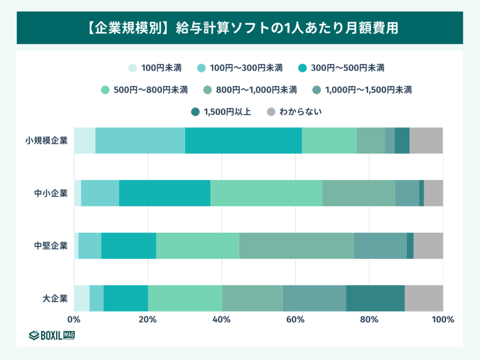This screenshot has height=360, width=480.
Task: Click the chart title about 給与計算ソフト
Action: click(240, 28)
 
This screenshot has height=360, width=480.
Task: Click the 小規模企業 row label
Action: click(46, 141)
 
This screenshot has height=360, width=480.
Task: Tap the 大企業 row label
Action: click(55, 298)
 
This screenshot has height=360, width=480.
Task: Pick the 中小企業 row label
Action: click(51, 193)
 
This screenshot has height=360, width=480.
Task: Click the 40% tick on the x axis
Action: click(221, 320)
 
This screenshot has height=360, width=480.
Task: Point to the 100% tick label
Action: click(442, 320)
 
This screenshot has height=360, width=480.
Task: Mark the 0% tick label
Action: click(74, 320)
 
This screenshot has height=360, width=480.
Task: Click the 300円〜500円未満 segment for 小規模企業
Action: click(243, 141)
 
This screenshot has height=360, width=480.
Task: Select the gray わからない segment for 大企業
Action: click(424, 298)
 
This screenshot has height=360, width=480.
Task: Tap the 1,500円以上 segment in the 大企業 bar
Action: click(375, 298)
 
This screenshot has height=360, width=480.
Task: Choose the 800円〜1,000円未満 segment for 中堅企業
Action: click(296, 246)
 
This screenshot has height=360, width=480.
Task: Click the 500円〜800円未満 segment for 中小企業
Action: click(266, 193)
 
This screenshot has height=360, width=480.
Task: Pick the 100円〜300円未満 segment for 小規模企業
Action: click(140, 141)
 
